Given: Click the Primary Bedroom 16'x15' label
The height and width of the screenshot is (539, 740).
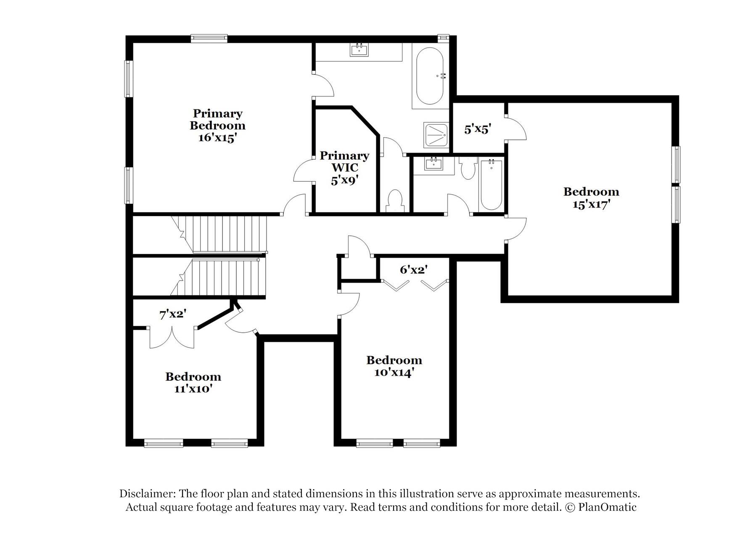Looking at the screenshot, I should pyautogui.click(x=217, y=125).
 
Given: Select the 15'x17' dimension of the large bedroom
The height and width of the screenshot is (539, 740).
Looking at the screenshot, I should pyautogui.click(x=591, y=205).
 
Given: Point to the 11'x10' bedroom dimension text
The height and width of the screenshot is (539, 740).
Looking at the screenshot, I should pyautogui.click(x=193, y=389).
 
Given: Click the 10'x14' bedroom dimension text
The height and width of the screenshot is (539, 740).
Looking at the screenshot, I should pyautogui.click(x=394, y=373).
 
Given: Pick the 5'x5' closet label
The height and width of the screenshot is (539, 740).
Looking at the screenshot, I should pyautogui.click(x=478, y=129).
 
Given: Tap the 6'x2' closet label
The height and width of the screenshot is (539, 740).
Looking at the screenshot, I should pyautogui.click(x=414, y=270).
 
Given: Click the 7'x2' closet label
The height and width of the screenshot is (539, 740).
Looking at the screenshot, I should pyautogui.click(x=172, y=314).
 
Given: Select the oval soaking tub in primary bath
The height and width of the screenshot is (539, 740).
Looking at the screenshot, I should pyautogui.click(x=429, y=76).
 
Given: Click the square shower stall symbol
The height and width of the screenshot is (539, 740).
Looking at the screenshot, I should pyautogui.click(x=436, y=135).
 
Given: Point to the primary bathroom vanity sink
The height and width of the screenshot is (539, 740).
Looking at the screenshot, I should pyautogui.click(x=359, y=50).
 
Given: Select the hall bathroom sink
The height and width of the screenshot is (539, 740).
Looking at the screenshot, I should pyautogui.click(x=433, y=164).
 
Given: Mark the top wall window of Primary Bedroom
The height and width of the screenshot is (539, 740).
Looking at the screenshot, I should pyautogui.click(x=209, y=38).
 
